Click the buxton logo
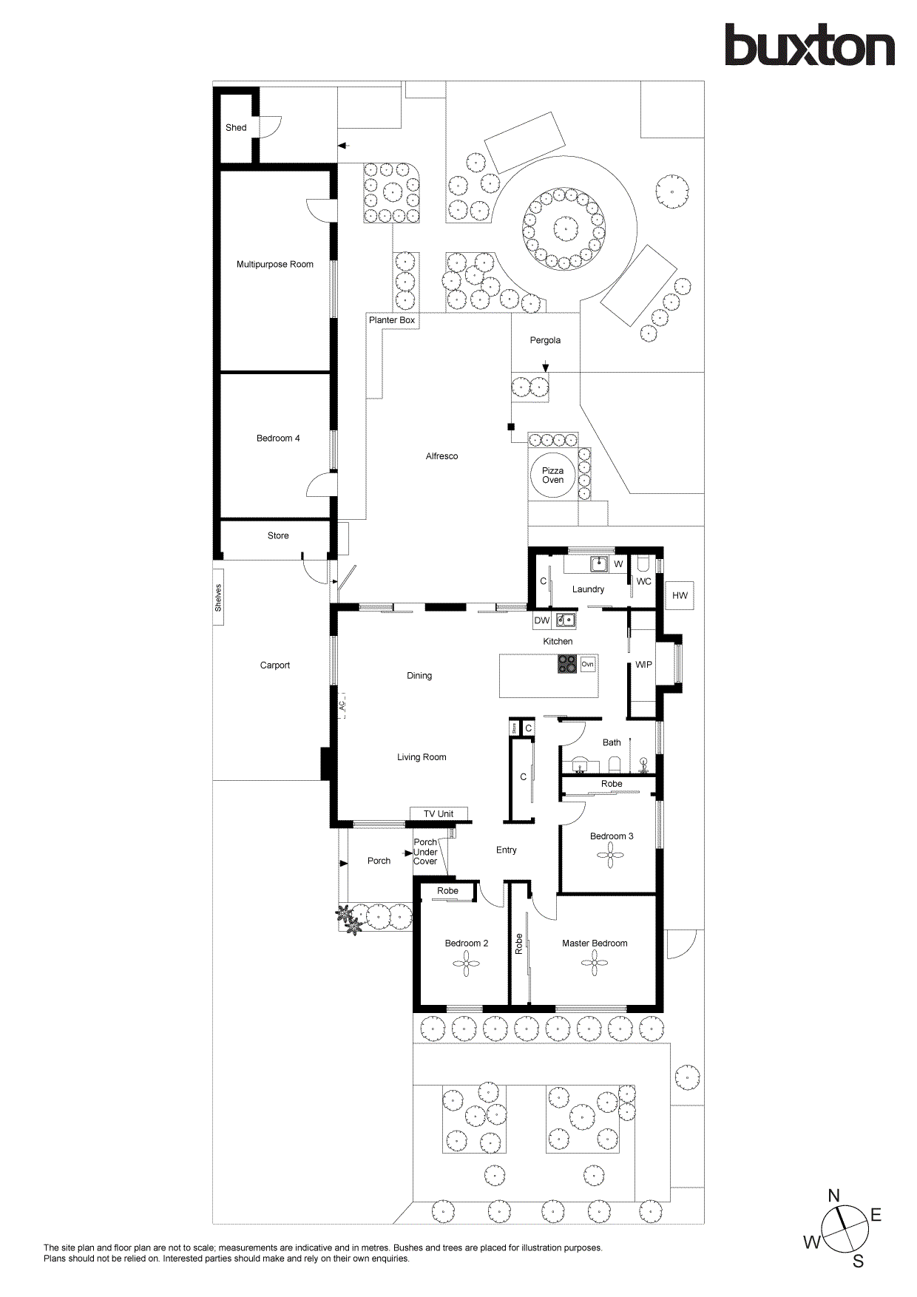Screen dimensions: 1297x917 [809, 45]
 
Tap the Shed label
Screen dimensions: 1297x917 [236, 128]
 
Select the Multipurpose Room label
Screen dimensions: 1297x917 [275, 264]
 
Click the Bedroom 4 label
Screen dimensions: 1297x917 [278, 438]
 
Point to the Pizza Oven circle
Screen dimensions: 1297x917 [552, 475]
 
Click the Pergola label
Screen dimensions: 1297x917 [545, 340]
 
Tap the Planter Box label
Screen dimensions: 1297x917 [392, 320]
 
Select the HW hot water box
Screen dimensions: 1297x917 [680, 595]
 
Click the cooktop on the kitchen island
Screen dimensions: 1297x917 [567, 664]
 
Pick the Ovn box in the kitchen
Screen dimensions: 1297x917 [587, 664]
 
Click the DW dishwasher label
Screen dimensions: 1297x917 [542, 620]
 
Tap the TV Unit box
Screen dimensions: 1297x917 [439, 814]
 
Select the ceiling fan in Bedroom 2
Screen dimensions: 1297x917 [466, 964]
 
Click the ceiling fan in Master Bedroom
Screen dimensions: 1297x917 [595, 963]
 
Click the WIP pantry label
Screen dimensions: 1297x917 [643, 665]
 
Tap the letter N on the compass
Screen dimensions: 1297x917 [833, 1196]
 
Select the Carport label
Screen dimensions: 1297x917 [275, 666]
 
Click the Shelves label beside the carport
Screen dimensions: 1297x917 [218, 597]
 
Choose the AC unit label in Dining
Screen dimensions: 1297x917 [342, 706]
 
